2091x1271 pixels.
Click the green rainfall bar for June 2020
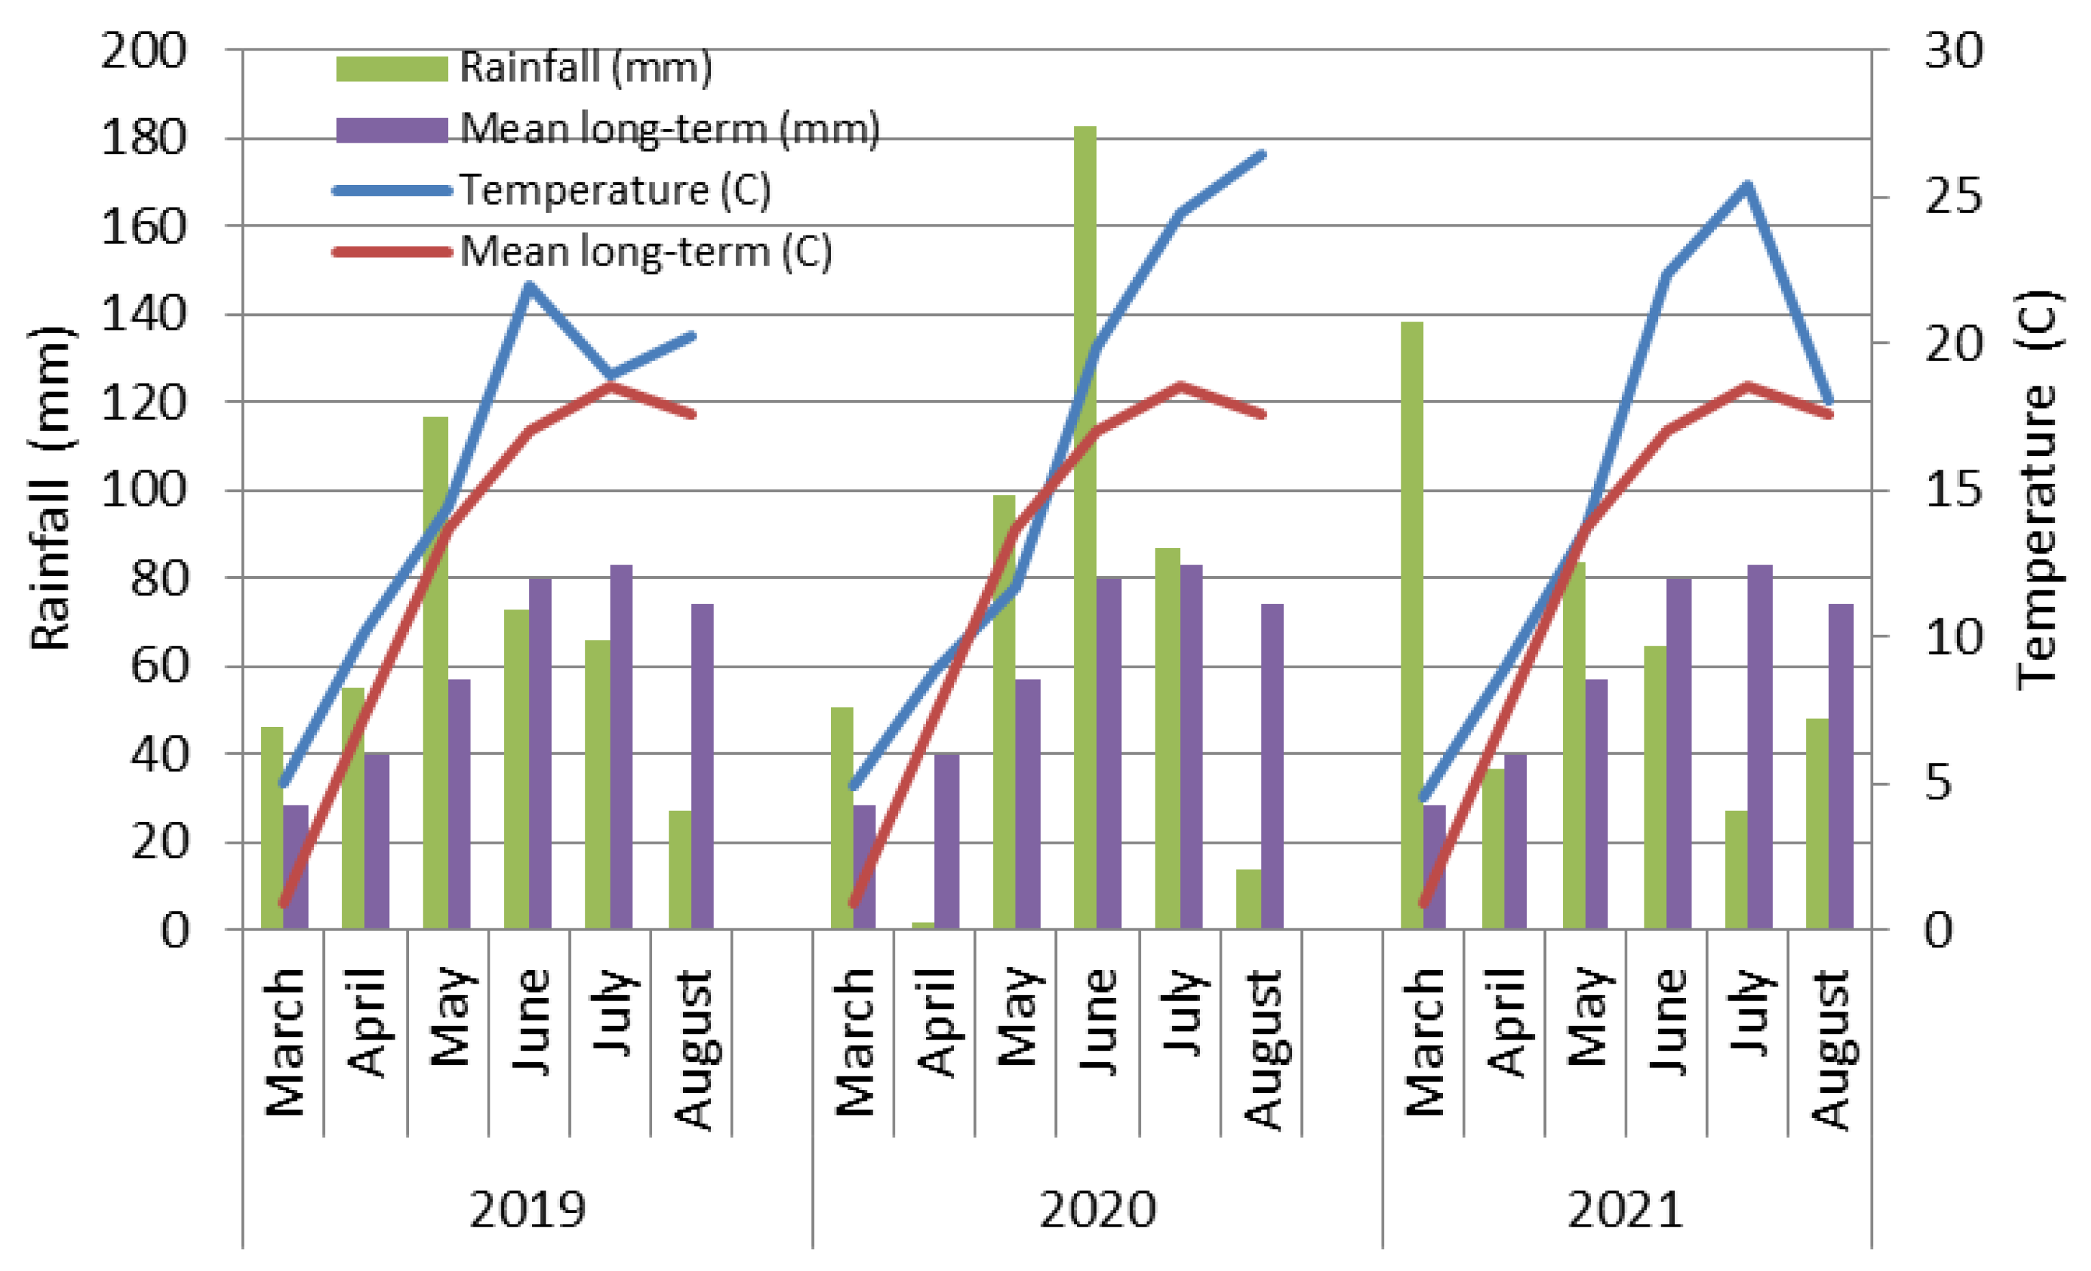click(x=1084, y=526)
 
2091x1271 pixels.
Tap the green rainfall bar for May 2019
click(x=436, y=670)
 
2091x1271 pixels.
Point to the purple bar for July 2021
click(x=1760, y=747)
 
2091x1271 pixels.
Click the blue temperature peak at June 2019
click(x=529, y=286)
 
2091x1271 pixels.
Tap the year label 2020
click(x=1098, y=1209)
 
